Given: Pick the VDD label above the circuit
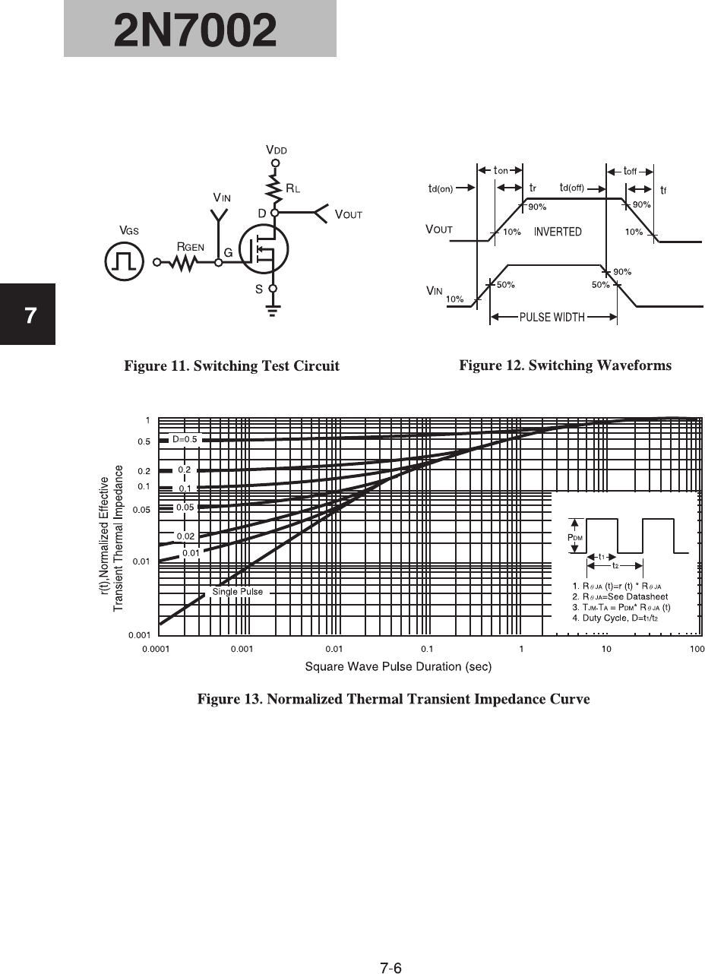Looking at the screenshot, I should (x=277, y=150).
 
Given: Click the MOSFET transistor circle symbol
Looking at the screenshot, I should (x=261, y=251).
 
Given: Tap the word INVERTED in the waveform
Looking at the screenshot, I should (x=558, y=232).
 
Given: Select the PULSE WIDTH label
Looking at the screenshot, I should (x=552, y=318).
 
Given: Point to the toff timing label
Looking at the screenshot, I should (x=629, y=171).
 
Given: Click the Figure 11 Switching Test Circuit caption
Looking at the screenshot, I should (x=232, y=366).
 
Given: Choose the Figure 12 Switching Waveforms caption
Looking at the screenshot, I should (x=565, y=365).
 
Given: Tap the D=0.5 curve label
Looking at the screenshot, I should (x=185, y=438).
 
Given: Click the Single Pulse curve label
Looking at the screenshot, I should (x=238, y=591).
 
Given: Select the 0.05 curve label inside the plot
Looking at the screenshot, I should (x=185, y=507).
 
